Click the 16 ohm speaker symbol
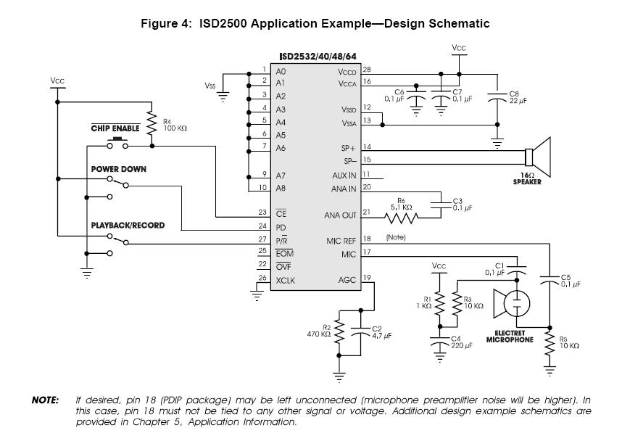pos(538,158)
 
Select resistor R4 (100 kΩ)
pos(152,123)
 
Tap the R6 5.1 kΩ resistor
pos(403,215)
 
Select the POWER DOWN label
pos(118,169)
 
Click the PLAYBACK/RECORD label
pos(128,226)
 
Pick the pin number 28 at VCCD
pos(368,70)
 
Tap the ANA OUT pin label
pos(341,215)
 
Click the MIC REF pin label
pos(341,241)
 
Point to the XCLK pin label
pos(286,281)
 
